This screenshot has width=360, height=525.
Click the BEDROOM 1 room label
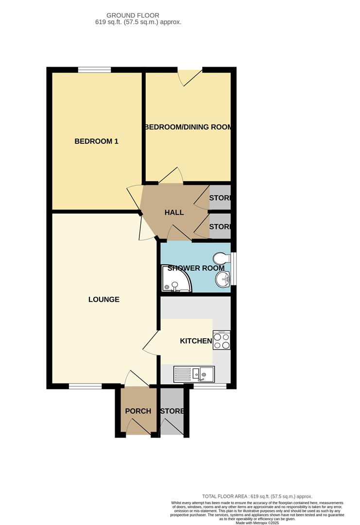coord(96,141)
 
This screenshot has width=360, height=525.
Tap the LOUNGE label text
coord(104,299)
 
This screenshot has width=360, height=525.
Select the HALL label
coord(174,212)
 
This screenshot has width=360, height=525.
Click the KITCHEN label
coord(196,341)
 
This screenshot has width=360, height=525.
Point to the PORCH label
coord(138,411)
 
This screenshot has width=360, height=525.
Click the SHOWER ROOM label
coord(196,268)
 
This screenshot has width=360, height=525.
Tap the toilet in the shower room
coord(221,258)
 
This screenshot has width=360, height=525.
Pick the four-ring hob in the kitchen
coord(222,340)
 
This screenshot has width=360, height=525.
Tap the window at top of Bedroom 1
coord(94,70)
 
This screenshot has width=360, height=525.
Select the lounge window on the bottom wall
coord(85,386)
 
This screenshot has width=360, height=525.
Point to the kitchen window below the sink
coord(210,386)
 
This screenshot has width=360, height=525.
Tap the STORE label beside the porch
coord(172,411)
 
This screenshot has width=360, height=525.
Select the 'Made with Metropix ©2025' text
coord(257,523)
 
